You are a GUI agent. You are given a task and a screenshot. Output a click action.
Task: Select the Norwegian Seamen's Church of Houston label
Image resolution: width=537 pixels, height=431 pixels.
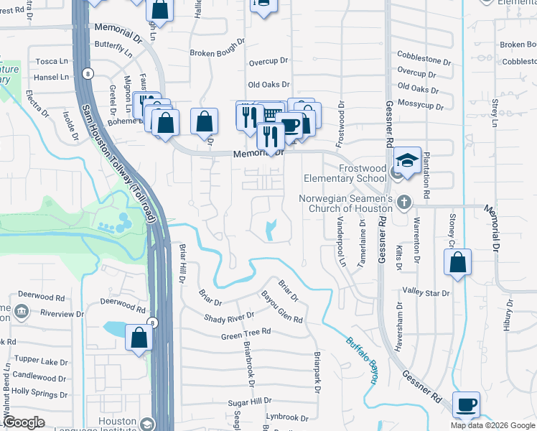coord(345,203)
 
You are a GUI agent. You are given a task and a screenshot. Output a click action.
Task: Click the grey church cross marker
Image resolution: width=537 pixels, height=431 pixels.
coord(404,202)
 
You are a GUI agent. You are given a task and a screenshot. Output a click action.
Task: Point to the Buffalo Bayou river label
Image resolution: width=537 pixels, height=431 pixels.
coord(363,358)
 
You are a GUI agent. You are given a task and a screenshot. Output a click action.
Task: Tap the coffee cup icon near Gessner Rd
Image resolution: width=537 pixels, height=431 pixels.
coord(467,406)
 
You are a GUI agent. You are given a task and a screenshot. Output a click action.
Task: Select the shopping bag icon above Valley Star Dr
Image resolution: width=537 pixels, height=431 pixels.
coord(458,263)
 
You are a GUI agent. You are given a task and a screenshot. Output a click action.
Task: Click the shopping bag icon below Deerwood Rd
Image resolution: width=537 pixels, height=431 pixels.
coord(138,338)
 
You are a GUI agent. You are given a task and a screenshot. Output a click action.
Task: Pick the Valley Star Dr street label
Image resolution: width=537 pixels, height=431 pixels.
coord(426,293)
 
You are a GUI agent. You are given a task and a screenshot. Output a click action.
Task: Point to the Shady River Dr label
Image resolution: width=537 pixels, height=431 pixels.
coord(229,317)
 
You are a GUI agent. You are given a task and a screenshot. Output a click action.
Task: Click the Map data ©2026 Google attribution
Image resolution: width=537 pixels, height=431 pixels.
coord(492,425)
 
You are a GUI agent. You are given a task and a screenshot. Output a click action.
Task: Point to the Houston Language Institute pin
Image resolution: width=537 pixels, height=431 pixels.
coord(147,423)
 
